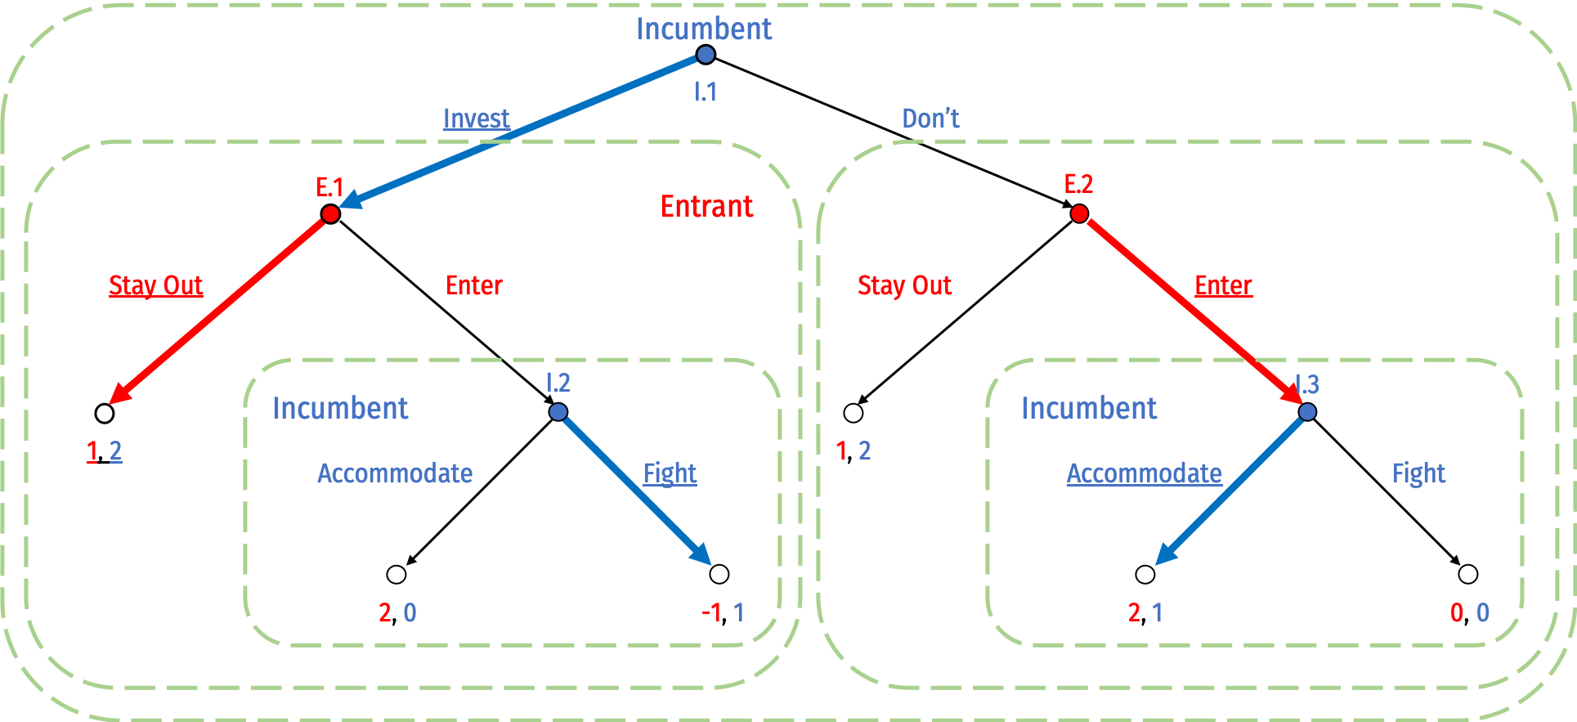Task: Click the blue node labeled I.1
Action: coord(705,55)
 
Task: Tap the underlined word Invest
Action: coord(476,119)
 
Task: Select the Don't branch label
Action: coord(930,119)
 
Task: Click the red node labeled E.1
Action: coord(330,213)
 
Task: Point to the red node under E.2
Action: coord(1079,213)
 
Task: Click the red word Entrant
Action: coord(706,207)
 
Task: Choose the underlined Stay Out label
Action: coord(155,285)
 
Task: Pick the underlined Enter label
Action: coord(1223,285)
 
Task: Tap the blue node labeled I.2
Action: coord(558,411)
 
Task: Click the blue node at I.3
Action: coord(1307,411)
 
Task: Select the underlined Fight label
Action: coord(670,473)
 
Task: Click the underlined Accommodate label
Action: coord(1144,473)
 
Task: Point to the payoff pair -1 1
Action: coord(723,612)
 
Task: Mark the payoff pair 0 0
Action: coord(1469,612)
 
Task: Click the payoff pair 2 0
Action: coord(397,612)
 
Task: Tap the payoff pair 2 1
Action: coord(1145,612)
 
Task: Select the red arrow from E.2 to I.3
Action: coord(1189,310)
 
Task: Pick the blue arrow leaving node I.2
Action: coord(634,487)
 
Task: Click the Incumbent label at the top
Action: coord(703,29)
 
